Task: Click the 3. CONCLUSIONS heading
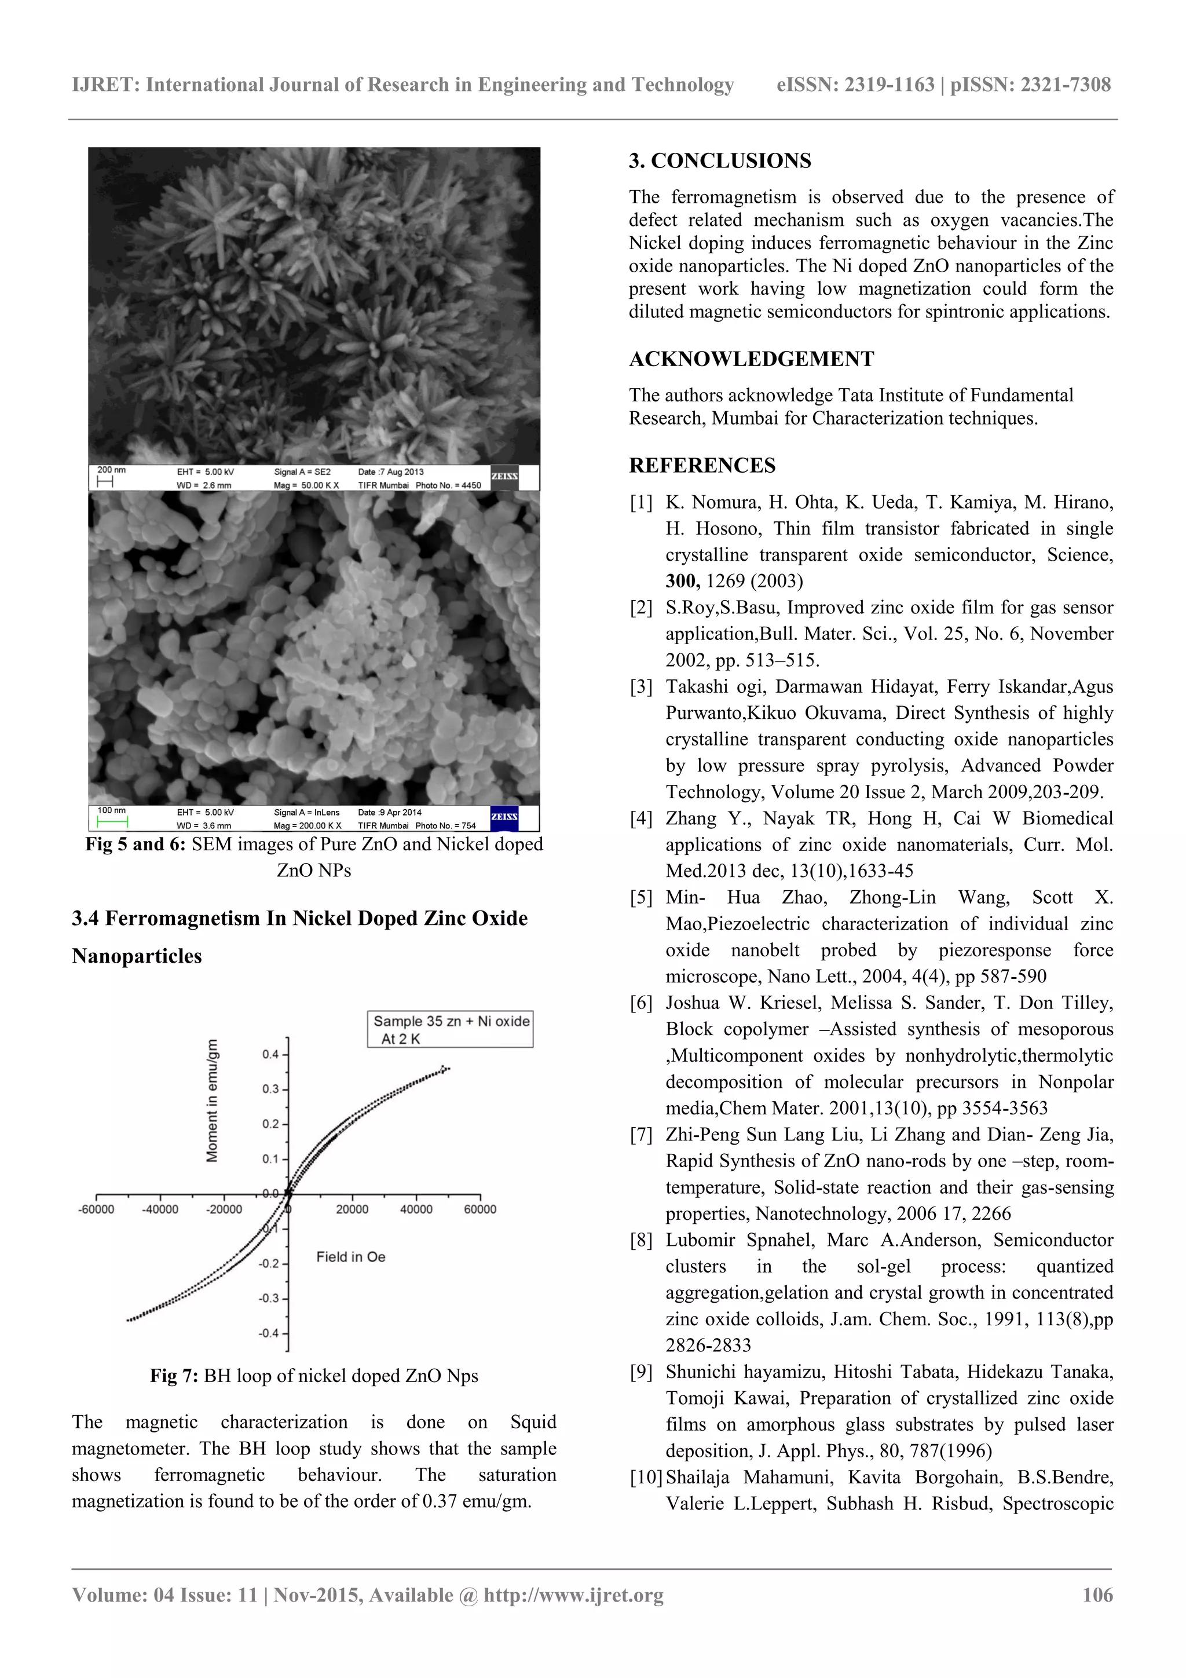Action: (719, 161)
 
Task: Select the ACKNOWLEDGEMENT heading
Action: (751, 359)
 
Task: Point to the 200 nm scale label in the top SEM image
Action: (111, 470)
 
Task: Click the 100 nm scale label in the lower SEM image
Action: (111, 810)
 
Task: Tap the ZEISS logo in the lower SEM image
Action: (504, 817)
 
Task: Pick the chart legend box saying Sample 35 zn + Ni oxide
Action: (450, 1029)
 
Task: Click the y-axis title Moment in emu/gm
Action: (213, 1101)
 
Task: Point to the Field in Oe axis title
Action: (351, 1257)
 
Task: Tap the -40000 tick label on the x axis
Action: (159, 1209)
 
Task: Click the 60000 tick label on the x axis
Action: (479, 1209)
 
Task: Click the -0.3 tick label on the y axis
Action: (269, 1299)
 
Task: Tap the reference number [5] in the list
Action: (641, 897)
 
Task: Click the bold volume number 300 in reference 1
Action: (682, 581)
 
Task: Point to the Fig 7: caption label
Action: (174, 1376)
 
